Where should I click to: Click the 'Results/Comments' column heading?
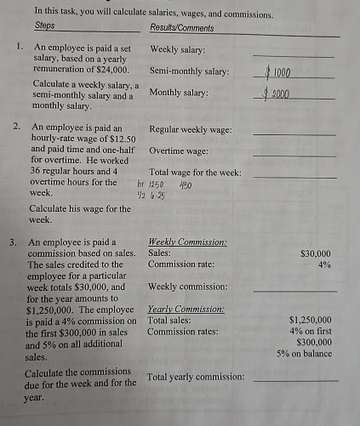[181, 27]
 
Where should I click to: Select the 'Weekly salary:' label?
[177, 50]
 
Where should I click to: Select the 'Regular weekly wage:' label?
[191, 130]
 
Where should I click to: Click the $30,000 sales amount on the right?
[316, 253]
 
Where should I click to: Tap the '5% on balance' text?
[304, 353]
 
